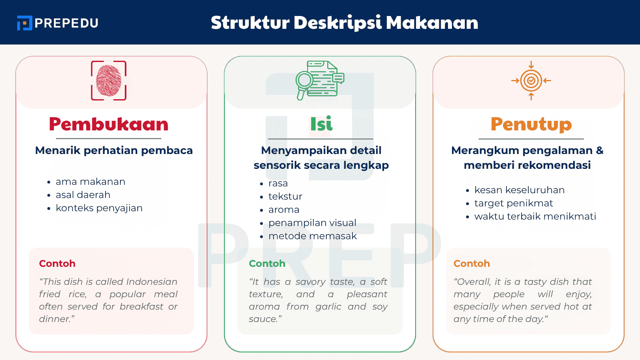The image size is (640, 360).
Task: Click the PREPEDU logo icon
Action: pyautogui.click(x=24, y=23)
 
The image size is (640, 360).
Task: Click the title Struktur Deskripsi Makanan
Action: pyautogui.click(x=344, y=23)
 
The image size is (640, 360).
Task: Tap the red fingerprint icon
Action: pyautogui.click(x=109, y=80)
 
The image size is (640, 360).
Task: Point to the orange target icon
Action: pyautogui.click(x=531, y=80)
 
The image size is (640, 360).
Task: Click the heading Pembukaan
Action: pyautogui.click(x=109, y=124)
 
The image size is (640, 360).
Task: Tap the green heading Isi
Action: pyautogui.click(x=321, y=124)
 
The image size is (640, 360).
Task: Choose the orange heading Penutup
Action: pyautogui.click(x=531, y=124)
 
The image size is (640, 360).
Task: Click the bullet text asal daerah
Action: pyautogui.click(x=83, y=195)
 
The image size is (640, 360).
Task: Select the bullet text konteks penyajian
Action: pyautogui.click(x=99, y=208)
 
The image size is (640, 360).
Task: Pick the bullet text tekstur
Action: pyautogui.click(x=285, y=196)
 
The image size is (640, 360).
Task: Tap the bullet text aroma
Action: pyautogui.click(x=284, y=210)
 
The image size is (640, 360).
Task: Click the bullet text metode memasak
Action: pyautogui.click(x=312, y=236)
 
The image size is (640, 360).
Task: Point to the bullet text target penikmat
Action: pyautogui.click(x=514, y=203)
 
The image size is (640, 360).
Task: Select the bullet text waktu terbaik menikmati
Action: pyautogui.click(x=535, y=216)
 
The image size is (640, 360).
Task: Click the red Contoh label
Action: pyautogui.click(x=57, y=264)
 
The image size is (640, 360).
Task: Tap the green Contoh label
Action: pyautogui.click(x=267, y=264)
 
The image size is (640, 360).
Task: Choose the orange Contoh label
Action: pyautogui.click(x=472, y=264)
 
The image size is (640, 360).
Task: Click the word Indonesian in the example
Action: pyautogui.click(x=152, y=282)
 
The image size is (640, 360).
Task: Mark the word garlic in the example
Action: pyautogui.click(x=328, y=307)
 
